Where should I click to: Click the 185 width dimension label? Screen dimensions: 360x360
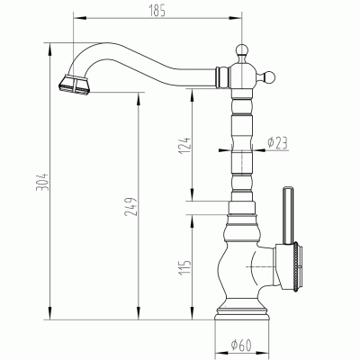[157, 11]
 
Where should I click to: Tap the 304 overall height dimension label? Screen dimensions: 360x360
[42, 182]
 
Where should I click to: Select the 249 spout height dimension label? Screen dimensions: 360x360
[130, 207]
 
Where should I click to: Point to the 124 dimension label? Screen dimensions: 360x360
[184, 146]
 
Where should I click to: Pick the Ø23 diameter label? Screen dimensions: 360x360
[277, 142]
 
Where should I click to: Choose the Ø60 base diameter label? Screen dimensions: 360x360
[241, 345]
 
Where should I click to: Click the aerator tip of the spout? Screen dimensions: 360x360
[74, 85]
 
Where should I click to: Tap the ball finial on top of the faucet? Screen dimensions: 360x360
[242, 49]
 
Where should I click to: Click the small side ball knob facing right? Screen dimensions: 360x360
[269, 77]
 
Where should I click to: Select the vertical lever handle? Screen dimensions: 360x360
[288, 216]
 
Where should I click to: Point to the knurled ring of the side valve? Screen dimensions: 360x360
[296, 265]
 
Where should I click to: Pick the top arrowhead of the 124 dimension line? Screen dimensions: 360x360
[192, 95]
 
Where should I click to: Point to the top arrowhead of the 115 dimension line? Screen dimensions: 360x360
[192, 221]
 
